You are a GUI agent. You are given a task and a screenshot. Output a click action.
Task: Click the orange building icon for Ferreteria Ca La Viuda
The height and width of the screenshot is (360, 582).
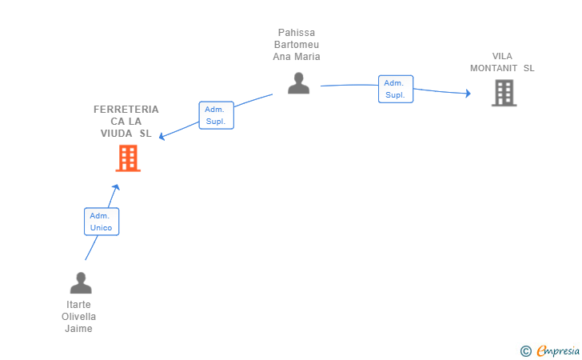point(128,158)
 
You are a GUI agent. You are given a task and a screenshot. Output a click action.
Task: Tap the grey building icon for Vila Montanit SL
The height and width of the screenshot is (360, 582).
point(504,93)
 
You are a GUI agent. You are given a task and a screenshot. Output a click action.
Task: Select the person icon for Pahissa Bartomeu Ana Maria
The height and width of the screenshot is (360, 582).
point(298,83)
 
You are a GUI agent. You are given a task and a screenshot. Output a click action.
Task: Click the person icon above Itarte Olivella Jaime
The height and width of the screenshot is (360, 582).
point(81,283)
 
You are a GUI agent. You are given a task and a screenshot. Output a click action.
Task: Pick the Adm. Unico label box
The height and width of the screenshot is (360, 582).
point(102,222)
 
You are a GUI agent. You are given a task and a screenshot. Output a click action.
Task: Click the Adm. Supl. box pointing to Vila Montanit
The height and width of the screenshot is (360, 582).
point(396,89)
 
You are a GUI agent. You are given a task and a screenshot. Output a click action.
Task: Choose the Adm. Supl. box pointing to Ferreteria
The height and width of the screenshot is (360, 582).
point(217,115)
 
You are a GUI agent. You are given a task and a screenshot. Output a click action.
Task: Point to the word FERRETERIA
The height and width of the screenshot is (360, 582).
point(126,110)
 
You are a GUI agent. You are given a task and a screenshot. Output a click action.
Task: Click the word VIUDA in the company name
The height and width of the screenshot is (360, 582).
point(116,134)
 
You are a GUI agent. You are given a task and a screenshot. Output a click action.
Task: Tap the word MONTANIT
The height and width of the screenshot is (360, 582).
point(494,68)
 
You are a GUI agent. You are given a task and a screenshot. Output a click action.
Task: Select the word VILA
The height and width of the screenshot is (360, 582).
point(502,56)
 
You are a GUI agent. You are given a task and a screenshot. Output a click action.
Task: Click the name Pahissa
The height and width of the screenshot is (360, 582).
point(297,33)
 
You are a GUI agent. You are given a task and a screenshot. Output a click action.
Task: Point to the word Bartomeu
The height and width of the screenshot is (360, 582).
point(297,45)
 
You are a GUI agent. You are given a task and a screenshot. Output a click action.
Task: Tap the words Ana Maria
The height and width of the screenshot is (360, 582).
point(297,57)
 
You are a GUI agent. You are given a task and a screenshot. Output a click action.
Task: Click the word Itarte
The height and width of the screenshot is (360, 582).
point(78,305)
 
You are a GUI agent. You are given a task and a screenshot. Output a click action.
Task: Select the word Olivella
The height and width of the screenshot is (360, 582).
point(78,317)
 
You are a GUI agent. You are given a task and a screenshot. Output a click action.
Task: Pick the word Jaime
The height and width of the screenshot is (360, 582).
point(78,329)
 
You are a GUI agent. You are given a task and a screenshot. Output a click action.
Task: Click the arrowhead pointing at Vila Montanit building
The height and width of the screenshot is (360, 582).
point(468,94)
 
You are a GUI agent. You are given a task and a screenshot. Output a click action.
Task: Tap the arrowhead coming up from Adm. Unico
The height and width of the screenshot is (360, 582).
point(116,187)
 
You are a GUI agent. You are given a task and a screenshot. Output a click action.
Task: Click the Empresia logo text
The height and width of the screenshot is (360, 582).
point(558,350)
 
